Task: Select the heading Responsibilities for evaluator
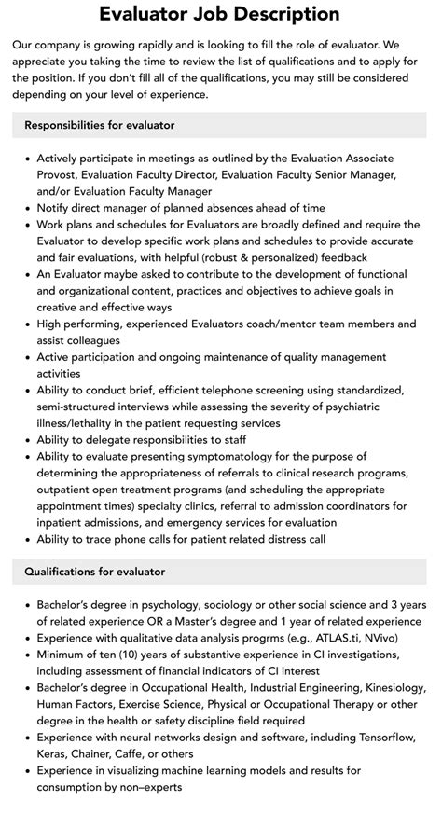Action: coord(100,124)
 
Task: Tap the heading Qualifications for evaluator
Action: coord(93,572)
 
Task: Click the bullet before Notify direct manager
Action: coord(26,207)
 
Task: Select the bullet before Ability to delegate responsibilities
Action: coord(26,440)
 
